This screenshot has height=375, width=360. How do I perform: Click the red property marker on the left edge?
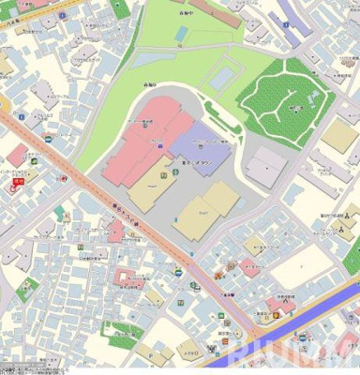16,184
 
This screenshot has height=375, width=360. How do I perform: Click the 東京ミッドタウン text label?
204,162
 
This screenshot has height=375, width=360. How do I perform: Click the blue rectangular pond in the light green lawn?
222,76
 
